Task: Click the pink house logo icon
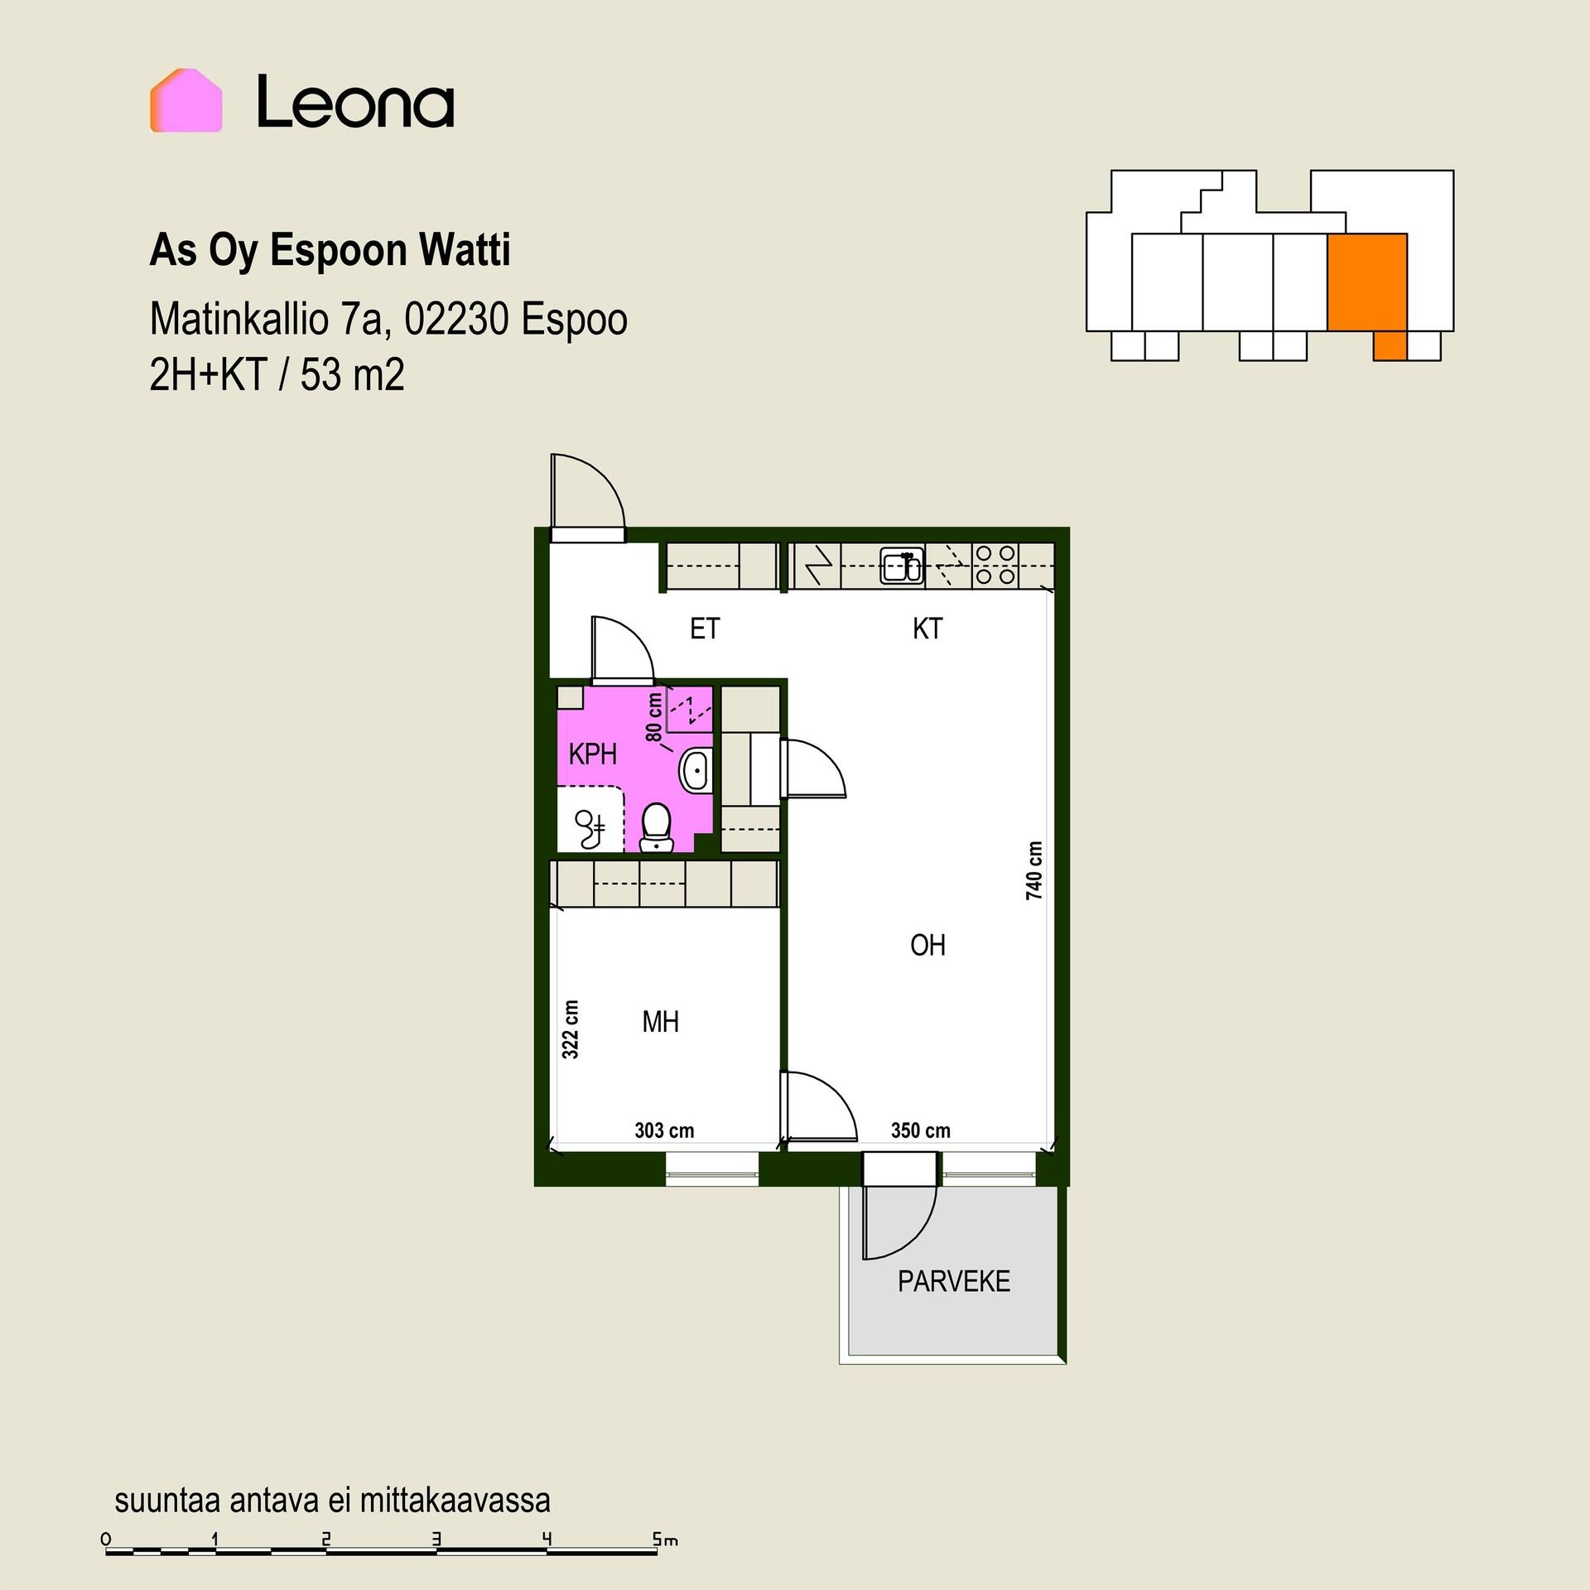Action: click(185, 100)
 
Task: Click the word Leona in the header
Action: click(355, 102)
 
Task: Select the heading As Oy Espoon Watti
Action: click(330, 251)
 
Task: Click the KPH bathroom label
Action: click(593, 754)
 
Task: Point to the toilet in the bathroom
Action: click(657, 826)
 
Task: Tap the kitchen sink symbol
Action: click(903, 566)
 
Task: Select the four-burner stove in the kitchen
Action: click(995, 565)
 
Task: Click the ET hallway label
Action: click(705, 629)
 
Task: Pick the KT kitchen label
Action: click(927, 629)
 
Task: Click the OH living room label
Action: click(927, 945)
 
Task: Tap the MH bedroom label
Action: click(661, 1022)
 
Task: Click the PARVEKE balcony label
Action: click(954, 1281)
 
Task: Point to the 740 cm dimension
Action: click(1033, 870)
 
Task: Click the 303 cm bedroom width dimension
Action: click(664, 1130)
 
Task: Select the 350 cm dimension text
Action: click(920, 1130)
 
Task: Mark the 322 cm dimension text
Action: click(571, 1029)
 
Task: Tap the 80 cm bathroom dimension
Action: click(654, 717)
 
